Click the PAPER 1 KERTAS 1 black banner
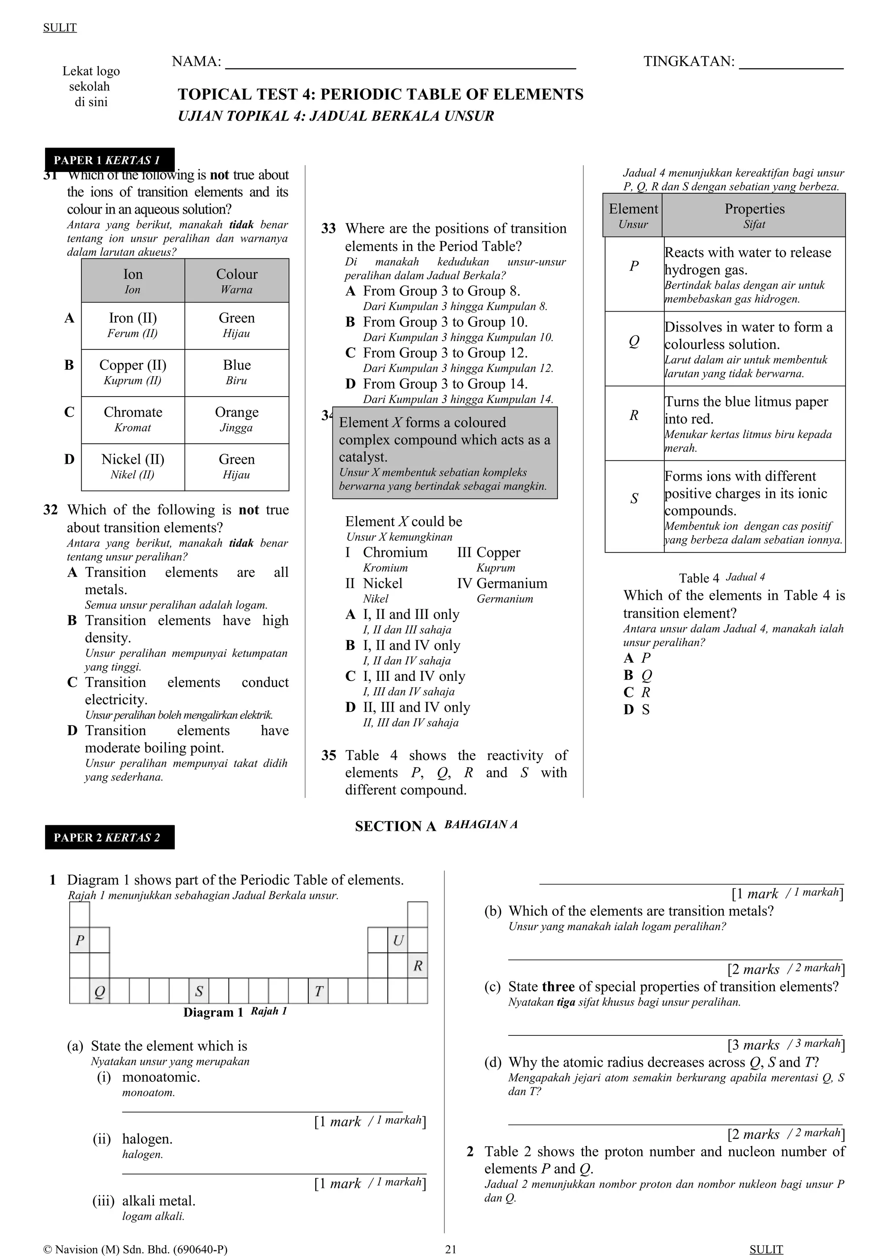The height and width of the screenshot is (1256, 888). (109, 160)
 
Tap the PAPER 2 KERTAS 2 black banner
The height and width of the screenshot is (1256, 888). (109, 837)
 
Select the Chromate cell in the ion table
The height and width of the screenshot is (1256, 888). (133, 419)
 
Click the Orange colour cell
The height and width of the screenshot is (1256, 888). (236, 419)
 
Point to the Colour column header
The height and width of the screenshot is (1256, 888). (236, 280)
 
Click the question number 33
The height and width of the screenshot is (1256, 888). (328, 229)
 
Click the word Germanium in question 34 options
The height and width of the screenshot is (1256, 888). (512, 584)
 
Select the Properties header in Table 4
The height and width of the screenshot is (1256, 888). (754, 215)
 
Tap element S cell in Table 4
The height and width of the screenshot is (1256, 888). (634, 498)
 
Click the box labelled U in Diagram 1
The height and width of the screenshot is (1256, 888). (398, 940)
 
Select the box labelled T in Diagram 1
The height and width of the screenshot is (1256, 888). (318, 991)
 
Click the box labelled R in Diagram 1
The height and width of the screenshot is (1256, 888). (418, 966)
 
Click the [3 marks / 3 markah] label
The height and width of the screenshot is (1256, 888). (786, 1044)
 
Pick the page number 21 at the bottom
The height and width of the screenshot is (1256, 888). (451, 1249)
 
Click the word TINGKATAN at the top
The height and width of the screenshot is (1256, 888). (688, 61)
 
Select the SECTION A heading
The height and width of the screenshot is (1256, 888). (395, 826)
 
